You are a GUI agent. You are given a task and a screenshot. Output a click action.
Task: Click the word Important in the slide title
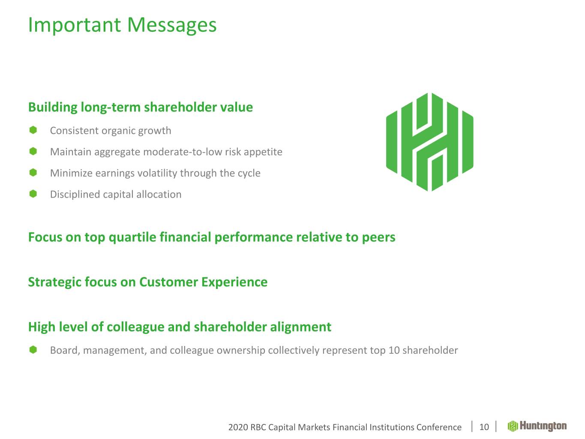(x=75, y=25)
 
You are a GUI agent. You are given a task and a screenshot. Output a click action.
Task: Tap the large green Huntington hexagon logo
(x=429, y=142)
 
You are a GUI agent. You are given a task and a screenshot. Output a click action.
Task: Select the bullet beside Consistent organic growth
(x=33, y=130)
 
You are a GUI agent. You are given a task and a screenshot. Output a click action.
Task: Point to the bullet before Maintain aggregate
(x=33, y=151)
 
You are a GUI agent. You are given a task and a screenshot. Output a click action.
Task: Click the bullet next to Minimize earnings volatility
(x=33, y=172)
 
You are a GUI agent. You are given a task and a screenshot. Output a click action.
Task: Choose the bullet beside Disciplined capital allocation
(x=33, y=194)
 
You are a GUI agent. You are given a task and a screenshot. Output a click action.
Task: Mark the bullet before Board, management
(x=33, y=350)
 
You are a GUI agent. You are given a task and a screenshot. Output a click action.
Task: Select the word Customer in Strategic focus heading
(x=168, y=282)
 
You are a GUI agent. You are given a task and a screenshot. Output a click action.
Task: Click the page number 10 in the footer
(x=484, y=427)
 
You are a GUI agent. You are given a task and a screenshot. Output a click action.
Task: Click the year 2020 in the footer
(x=238, y=427)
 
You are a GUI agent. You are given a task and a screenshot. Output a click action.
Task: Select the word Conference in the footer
(x=439, y=427)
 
